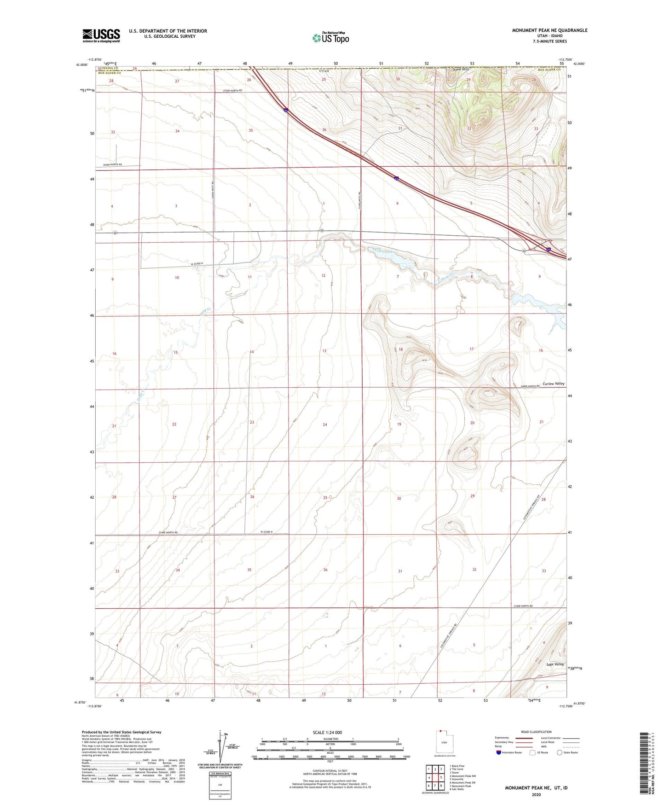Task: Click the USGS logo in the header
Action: [101, 35]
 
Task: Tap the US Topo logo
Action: [330, 38]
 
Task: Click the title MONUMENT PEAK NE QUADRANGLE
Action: [549, 30]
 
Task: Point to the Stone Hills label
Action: [460, 69]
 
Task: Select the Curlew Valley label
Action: [553, 384]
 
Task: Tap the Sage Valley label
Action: [555, 664]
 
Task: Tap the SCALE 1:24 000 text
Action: [330, 732]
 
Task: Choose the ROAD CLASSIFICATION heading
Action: [537, 732]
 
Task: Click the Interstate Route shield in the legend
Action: [499, 752]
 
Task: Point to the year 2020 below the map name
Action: [536, 795]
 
